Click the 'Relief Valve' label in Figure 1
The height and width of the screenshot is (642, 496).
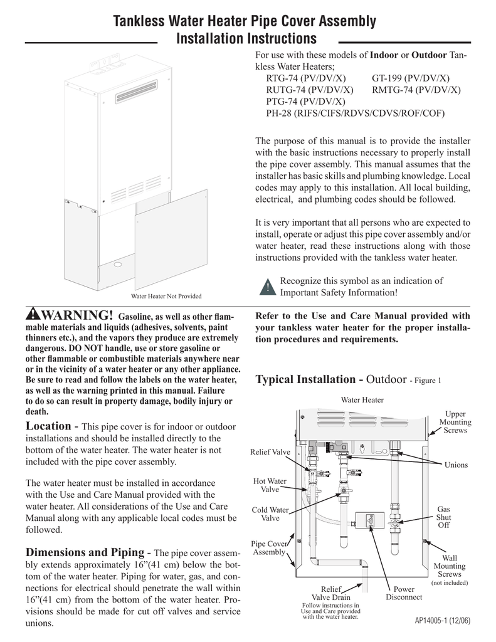click(x=270, y=452)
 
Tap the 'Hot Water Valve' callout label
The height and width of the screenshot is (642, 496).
click(x=270, y=485)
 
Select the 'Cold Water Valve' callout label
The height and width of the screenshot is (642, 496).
click(x=270, y=514)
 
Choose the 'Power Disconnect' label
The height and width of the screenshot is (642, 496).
click(x=403, y=593)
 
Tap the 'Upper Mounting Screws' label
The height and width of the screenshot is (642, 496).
click(x=455, y=423)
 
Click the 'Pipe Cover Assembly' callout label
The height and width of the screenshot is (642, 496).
click(x=269, y=547)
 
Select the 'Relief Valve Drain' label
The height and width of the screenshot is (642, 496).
click(x=331, y=593)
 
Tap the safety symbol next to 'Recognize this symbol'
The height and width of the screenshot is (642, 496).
click(x=266, y=287)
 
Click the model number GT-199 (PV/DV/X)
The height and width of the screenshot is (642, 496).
click(x=410, y=78)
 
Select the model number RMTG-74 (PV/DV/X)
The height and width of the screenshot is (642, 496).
click(x=416, y=90)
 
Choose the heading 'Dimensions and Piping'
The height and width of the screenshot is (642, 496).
click(x=85, y=552)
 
